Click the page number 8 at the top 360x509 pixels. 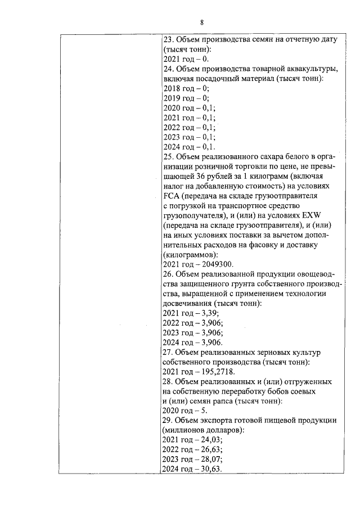click(x=201, y=22)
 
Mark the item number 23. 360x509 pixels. click(x=168, y=40)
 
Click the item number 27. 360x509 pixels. click(x=168, y=352)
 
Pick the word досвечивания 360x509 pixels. click(x=188, y=304)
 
